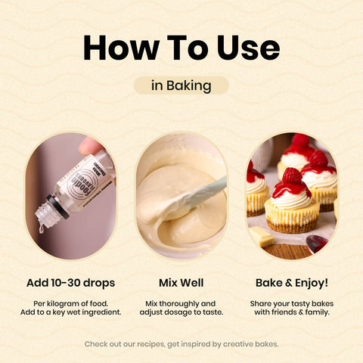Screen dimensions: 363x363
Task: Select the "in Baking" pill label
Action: coord(181,85)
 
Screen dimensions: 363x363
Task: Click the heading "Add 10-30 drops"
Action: coord(71,283)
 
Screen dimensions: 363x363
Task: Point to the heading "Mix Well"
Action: coord(181,283)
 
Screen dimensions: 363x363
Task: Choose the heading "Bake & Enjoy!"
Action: coord(292,283)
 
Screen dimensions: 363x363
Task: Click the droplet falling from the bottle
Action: coord(41,228)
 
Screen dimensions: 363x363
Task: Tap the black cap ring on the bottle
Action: coord(58,206)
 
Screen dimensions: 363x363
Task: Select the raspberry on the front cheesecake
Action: coord(292,175)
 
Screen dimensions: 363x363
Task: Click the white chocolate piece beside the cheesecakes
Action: coord(262,237)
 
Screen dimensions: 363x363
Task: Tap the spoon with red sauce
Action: coord(317,244)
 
